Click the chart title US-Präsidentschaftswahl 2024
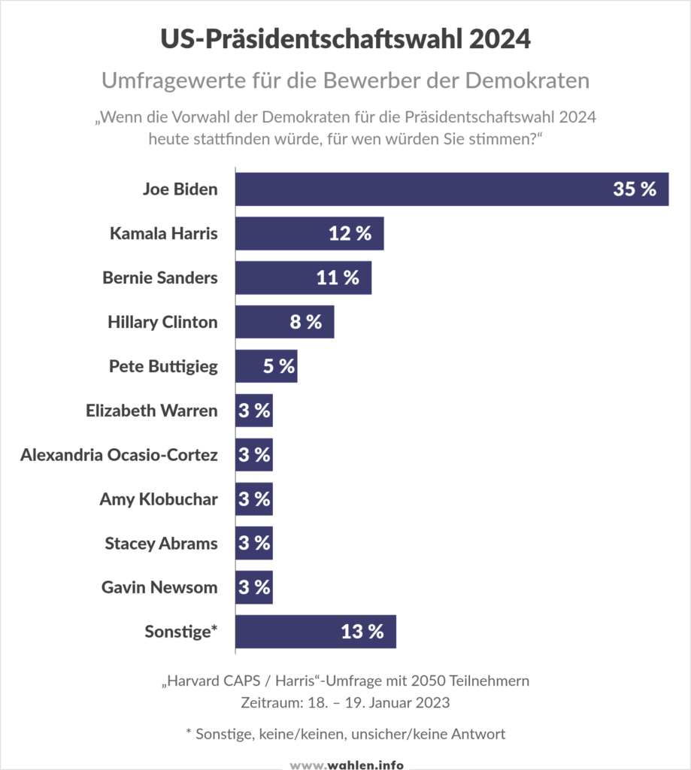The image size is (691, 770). [345, 39]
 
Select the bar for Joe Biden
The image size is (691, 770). [451, 189]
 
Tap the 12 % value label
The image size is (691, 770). [350, 234]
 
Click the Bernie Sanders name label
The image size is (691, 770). [160, 277]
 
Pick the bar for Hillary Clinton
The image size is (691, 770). [284, 322]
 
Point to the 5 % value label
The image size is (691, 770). [277, 366]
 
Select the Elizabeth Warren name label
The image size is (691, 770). [152, 411]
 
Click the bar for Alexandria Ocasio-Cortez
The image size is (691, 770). [253, 455]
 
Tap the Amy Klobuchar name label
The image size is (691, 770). [159, 499]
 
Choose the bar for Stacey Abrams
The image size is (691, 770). [253, 544]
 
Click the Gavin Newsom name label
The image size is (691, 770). [159, 587]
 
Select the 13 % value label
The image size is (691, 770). [362, 632]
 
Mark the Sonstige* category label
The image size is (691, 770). [181, 632]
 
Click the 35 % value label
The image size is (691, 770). [635, 189]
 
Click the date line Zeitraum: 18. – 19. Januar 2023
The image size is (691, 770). [345, 703]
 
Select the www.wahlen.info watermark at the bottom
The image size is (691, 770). [347, 764]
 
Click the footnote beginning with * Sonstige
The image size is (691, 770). [345, 734]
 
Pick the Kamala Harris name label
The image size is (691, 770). [163, 234]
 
